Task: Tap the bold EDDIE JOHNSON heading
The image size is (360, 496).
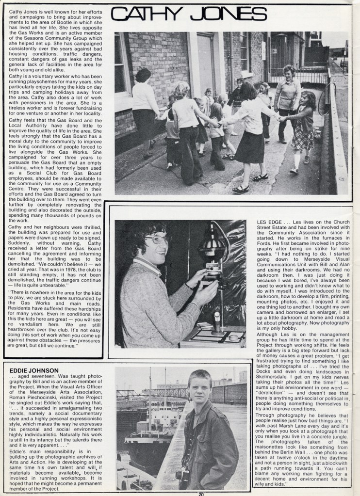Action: click(34, 370)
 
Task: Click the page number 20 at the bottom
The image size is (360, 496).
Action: click(201, 494)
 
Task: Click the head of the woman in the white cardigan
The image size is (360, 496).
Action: click(144, 75)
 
